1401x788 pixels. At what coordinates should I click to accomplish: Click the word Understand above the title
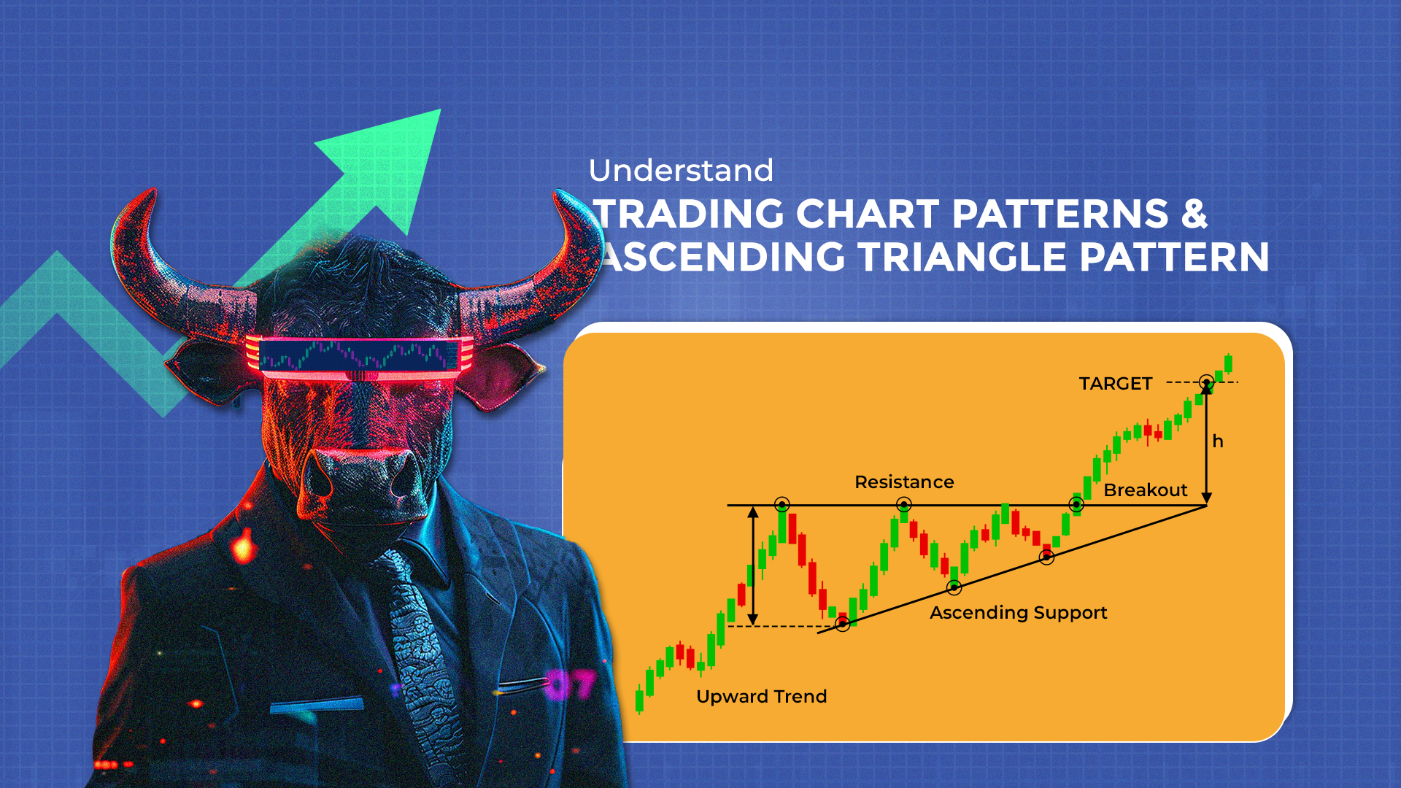click(680, 171)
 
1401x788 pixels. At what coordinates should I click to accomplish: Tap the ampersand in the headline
click(1193, 214)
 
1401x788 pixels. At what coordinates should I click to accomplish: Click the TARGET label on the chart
click(1115, 384)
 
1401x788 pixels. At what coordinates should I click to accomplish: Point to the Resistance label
click(904, 482)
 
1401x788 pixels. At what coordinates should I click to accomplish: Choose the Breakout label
click(1145, 490)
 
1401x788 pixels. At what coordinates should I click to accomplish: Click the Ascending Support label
click(1018, 613)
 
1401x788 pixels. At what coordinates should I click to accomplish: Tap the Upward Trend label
click(761, 697)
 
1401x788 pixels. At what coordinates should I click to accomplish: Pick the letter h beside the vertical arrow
click(1217, 441)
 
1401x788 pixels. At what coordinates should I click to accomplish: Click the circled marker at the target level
click(1207, 382)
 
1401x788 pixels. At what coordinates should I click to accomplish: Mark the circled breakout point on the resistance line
click(1076, 504)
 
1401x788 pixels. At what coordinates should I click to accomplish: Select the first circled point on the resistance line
click(782, 504)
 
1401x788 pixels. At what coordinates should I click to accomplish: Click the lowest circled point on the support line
click(843, 624)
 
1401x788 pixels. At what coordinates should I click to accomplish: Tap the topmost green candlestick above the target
click(1229, 363)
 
